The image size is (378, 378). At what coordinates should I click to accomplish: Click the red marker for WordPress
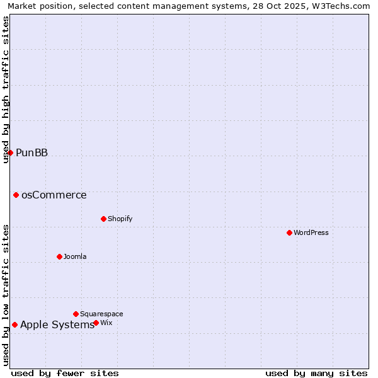pyautogui.click(x=289, y=232)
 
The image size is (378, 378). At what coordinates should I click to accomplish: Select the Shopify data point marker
pyautogui.click(x=103, y=219)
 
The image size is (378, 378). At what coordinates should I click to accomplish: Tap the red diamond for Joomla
pyautogui.click(x=59, y=256)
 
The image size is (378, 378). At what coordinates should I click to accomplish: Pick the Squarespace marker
pyautogui.click(x=76, y=314)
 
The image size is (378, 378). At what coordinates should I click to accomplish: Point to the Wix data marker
pyautogui.click(x=96, y=323)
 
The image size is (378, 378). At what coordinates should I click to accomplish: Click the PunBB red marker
pyautogui.click(x=10, y=152)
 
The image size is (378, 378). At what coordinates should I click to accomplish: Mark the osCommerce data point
pyautogui.click(x=16, y=195)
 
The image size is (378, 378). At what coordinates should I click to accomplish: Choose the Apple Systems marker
pyautogui.click(x=14, y=324)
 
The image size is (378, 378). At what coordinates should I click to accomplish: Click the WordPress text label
pyautogui.click(x=311, y=232)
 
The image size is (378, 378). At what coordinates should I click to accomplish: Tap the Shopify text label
pyautogui.click(x=120, y=219)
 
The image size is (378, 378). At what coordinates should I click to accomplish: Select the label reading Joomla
pyautogui.click(x=75, y=256)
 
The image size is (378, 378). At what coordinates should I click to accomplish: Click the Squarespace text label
pyautogui.click(x=101, y=314)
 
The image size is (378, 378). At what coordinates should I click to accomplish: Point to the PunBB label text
pyautogui.click(x=32, y=152)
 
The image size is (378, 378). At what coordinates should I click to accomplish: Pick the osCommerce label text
pyautogui.click(x=54, y=195)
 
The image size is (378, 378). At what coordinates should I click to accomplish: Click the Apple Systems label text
pyautogui.click(x=57, y=324)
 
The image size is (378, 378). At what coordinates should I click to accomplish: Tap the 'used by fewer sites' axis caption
pyautogui.click(x=65, y=373)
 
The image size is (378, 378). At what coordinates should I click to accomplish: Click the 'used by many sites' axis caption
pyautogui.click(x=316, y=373)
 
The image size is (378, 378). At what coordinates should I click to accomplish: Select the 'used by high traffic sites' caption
pyautogui.click(x=6, y=90)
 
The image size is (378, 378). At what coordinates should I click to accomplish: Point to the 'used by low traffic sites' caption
pyautogui.click(x=6, y=295)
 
